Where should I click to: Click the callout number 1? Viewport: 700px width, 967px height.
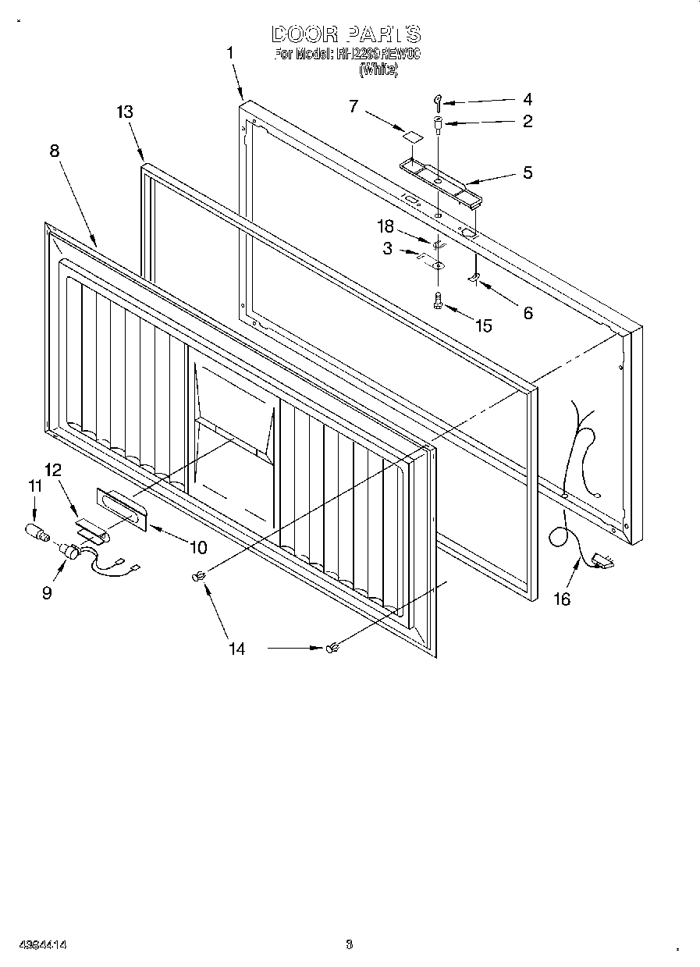pos(230,53)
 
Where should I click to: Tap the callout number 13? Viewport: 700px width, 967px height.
pos(124,112)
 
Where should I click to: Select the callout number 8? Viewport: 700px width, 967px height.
pos(54,151)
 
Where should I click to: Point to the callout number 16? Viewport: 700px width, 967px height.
pos(561,599)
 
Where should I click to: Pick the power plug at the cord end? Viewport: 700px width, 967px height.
pos(602,559)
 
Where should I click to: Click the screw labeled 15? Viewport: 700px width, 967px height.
pos(438,300)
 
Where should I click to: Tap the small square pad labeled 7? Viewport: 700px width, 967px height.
pos(411,135)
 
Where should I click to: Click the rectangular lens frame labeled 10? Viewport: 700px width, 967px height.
pos(121,510)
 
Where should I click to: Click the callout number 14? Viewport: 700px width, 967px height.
pos(236,649)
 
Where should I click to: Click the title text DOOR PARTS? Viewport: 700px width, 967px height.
pos(346,34)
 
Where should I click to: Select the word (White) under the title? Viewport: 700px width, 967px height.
pos(378,70)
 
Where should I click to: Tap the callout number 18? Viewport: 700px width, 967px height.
pos(386,227)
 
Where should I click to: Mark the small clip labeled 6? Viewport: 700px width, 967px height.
pos(473,279)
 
